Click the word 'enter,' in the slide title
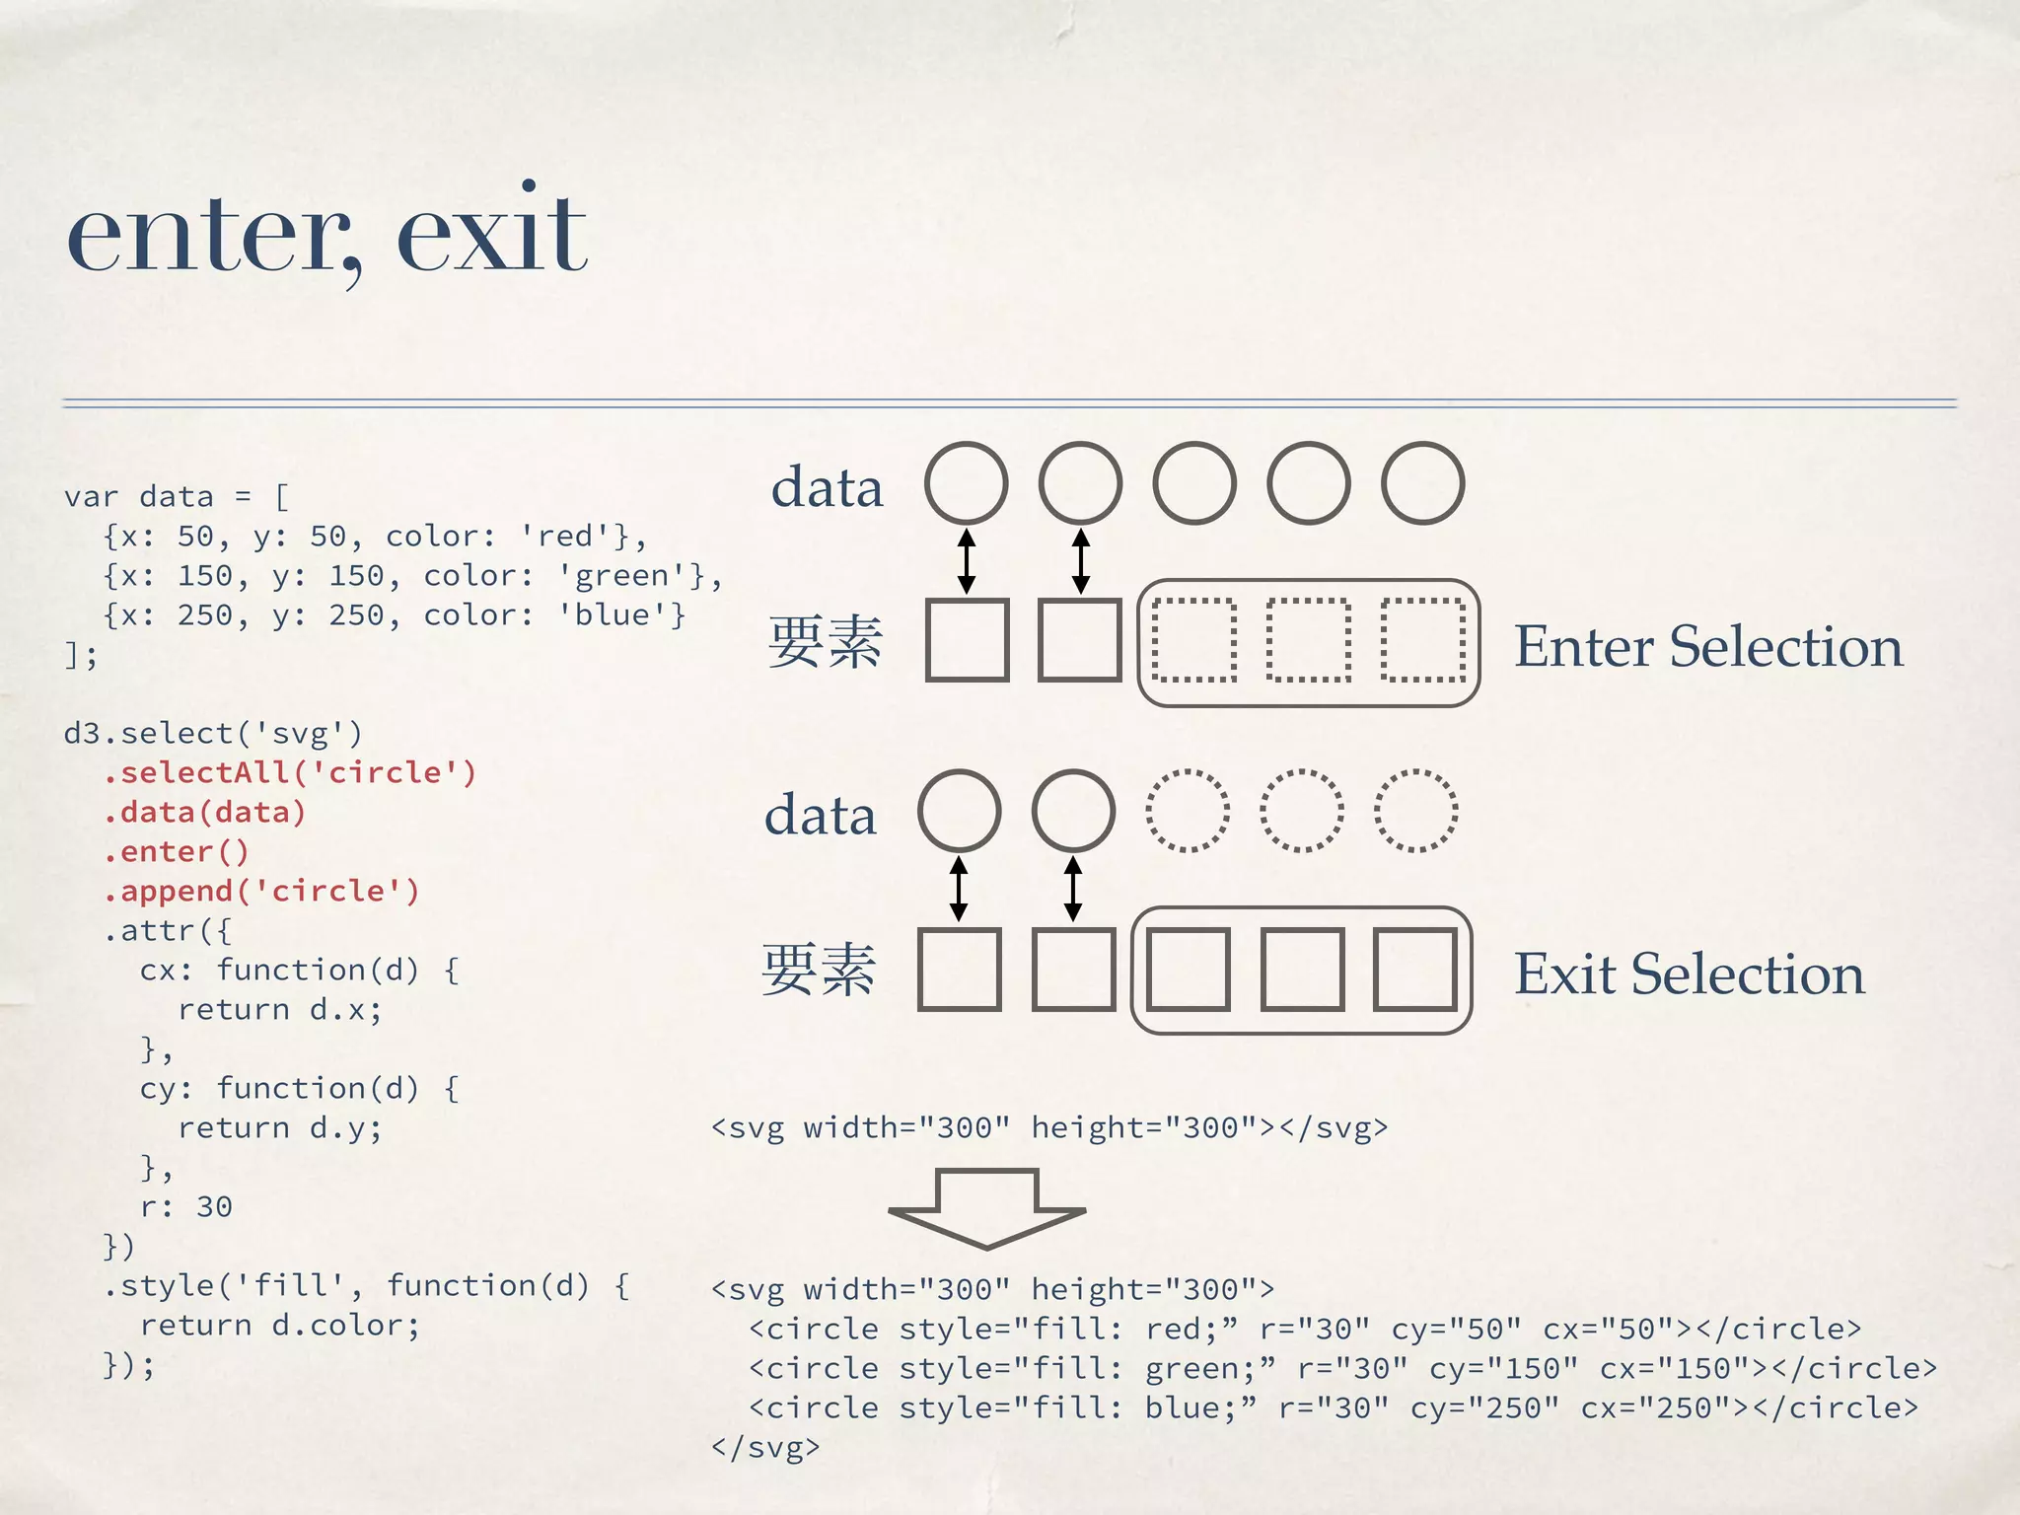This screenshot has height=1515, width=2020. point(212,237)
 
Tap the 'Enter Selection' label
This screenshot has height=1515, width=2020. point(1708,647)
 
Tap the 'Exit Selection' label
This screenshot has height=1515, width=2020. point(1689,974)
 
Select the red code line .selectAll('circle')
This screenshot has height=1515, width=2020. point(290,772)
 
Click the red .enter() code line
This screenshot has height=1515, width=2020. point(178,851)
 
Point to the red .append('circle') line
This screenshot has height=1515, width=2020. point(262,891)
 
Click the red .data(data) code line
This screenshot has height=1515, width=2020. point(205,812)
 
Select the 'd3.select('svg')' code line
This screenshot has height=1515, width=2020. point(213,733)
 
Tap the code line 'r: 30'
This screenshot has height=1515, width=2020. point(186,1206)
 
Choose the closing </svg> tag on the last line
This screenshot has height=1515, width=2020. point(765,1447)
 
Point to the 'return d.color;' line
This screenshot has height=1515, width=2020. point(280,1325)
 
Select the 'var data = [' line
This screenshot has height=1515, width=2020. point(178,496)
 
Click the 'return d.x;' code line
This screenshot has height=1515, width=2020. point(280,1009)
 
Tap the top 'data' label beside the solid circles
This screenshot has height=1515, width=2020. point(827,487)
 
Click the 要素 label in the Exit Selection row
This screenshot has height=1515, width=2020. point(819,971)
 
